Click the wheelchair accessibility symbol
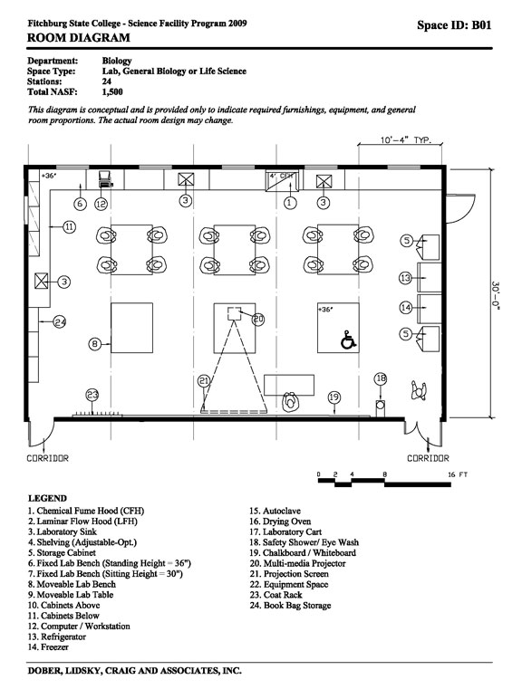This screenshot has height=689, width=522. [x=348, y=340]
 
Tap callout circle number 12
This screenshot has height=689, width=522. [x=101, y=204]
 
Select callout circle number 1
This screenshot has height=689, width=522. [x=290, y=203]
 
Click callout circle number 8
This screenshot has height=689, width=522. [x=95, y=344]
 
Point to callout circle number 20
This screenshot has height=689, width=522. [x=258, y=319]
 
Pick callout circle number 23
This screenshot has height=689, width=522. [x=92, y=395]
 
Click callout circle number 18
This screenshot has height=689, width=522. [x=381, y=378]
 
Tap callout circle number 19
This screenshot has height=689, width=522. [x=334, y=397]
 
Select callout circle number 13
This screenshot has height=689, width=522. [x=405, y=278]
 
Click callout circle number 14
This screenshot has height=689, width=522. [x=405, y=308]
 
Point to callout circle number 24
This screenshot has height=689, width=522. [x=60, y=322]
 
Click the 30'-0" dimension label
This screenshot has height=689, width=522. [x=496, y=296]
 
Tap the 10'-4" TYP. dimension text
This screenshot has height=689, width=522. [x=406, y=140]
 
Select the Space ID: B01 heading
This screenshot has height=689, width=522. [x=454, y=25]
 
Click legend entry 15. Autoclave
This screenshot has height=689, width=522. [x=275, y=511]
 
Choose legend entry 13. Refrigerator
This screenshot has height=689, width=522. [x=57, y=636]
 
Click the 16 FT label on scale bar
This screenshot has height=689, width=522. [x=458, y=474]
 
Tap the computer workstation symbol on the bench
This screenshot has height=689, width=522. [x=105, y=179]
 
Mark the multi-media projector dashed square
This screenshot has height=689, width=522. [x=234, y=314]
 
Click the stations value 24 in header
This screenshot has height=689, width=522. [x=107, y=81]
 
